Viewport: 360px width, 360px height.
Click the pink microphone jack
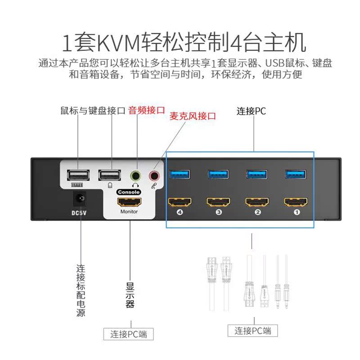pos(155,175)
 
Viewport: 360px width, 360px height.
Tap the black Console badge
pos(129,192)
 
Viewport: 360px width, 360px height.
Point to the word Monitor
pos(129,211)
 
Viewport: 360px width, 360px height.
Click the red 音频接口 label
pos(147,110)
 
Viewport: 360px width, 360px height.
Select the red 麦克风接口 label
pos(192,116)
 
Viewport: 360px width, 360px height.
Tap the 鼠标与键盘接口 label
pos(93,110)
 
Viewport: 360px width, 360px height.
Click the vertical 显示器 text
pos(130,295)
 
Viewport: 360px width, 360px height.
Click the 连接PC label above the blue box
pos(252,111)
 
